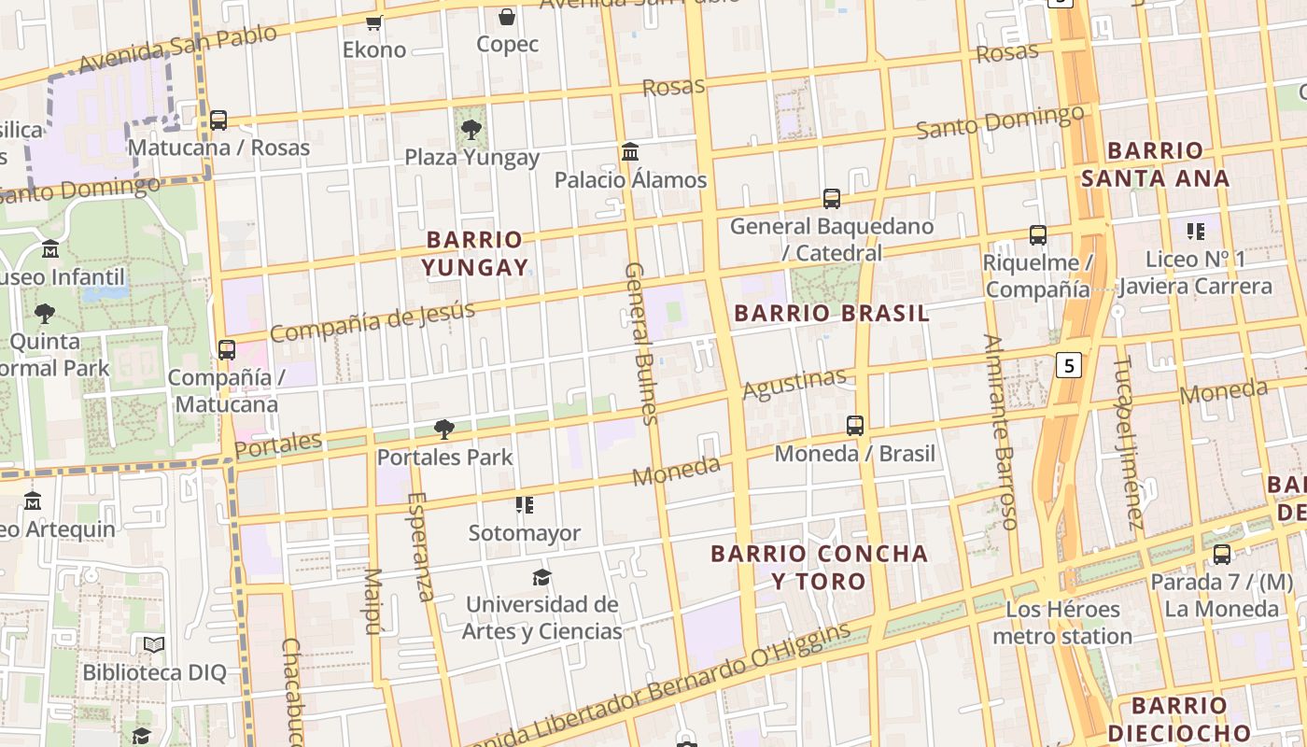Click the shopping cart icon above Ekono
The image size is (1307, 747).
tap(374, 22)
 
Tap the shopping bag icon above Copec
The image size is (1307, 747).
tap(507, 17)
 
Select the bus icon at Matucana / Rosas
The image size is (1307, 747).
tap(218, 120)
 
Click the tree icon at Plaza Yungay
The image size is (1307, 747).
tap(471, 130)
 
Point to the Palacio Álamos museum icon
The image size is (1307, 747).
tap(630, 151)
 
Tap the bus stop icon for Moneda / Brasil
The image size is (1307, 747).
tap(855, 426)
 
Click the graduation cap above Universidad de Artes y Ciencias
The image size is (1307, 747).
tap(541, 576)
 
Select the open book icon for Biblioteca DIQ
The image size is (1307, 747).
tap(154, 644)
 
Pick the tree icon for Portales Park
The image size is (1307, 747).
tap(444, 430)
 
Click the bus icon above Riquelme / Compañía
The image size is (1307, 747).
tap(1037, 235)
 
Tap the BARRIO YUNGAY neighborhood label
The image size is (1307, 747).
tap(474, 254)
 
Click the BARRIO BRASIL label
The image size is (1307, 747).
tap(832, 314)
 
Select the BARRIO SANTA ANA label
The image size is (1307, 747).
tap(1155, 164)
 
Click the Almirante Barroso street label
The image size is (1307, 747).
tap(999, 431)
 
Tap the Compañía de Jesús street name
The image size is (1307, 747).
tap(372, 321)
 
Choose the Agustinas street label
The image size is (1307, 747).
tap(794, 383)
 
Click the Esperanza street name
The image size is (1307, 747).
tap(420, 546)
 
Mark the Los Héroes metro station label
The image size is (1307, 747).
tap(1062, 623)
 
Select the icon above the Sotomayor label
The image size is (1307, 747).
tap(525, 505)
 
